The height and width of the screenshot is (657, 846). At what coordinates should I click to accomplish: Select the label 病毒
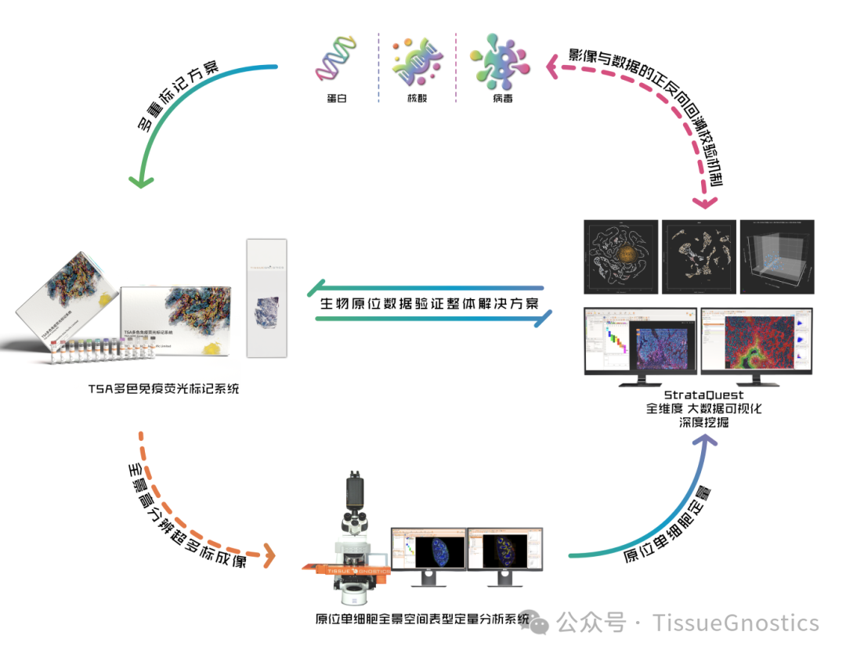tap(502, 98)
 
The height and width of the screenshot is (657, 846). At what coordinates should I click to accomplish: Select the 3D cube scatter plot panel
tap(776, 256)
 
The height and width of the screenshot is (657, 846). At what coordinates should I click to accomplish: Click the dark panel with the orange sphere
tap(621, 256)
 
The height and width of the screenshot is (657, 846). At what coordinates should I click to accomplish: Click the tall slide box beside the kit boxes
tap(266, 298)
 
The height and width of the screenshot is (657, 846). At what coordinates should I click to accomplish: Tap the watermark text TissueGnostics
tap(736, 623)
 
